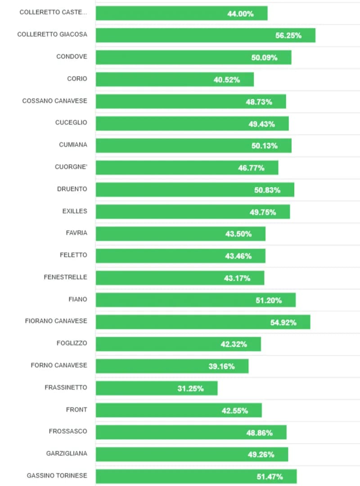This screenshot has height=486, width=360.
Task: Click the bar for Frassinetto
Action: click(x=157, y=388)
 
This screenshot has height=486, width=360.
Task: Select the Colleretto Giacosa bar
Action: click(x=205, y=35)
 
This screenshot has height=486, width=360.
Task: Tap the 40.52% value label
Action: click(x=227, y=80)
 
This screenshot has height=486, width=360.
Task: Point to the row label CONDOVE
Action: click(x=72, y=57)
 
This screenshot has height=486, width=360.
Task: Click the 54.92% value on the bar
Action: click(x=283, y=322)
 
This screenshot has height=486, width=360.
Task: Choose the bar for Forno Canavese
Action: click(x=172, y=366)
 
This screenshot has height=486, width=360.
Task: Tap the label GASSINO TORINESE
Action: click(x=57, y=476)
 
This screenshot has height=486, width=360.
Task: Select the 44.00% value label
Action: click(x=240, y=14)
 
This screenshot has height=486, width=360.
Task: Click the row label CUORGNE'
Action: click(x=71, y=167)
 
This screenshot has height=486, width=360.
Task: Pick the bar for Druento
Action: click(x=195, y=190)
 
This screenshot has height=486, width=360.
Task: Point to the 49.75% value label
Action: click(x=263, y=212)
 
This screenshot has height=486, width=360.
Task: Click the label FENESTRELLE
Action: click(x=65, y=277)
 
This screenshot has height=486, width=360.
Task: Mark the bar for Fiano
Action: click(x=196, y=300)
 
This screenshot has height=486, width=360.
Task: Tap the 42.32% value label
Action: click(x=234, y=345)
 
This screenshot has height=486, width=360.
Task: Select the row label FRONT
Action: click(x=76, y=410)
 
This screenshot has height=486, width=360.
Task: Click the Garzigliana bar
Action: click(x=192, y=454)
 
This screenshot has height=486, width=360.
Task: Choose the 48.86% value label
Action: click(x=259, y=433)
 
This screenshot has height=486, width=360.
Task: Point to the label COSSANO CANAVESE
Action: click(x=54, y=101)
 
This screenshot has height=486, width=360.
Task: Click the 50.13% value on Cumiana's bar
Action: click(x=264, y=146)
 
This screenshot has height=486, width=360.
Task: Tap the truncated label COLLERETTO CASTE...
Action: click(x=53, y=12)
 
